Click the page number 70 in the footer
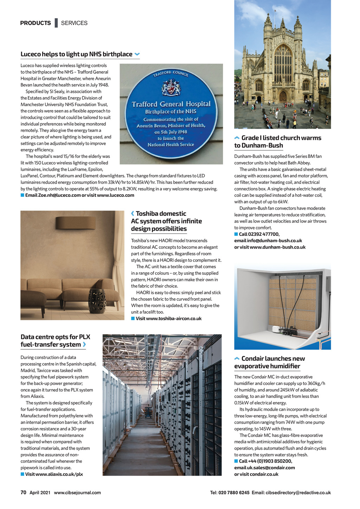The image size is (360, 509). (x=24, y=492)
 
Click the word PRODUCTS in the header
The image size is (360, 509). (x=36, y=23)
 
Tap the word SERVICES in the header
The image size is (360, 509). (x=74, y=23)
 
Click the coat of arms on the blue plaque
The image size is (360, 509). (x=171, y=87)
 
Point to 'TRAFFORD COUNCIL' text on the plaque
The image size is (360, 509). (x=171, y=73)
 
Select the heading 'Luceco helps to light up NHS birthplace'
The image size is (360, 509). (x=76, y=54)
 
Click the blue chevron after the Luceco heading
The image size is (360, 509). (x=137, y=54)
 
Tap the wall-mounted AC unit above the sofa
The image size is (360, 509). (x=76, y=222)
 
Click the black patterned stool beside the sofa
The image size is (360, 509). (x=97, y=301)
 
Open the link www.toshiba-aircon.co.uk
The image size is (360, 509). (x=168, y=318)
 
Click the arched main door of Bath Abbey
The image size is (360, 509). (x=283, y=96)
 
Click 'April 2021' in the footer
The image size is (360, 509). (x=40, y=492)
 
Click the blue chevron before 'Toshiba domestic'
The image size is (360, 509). (x=133, y=214)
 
